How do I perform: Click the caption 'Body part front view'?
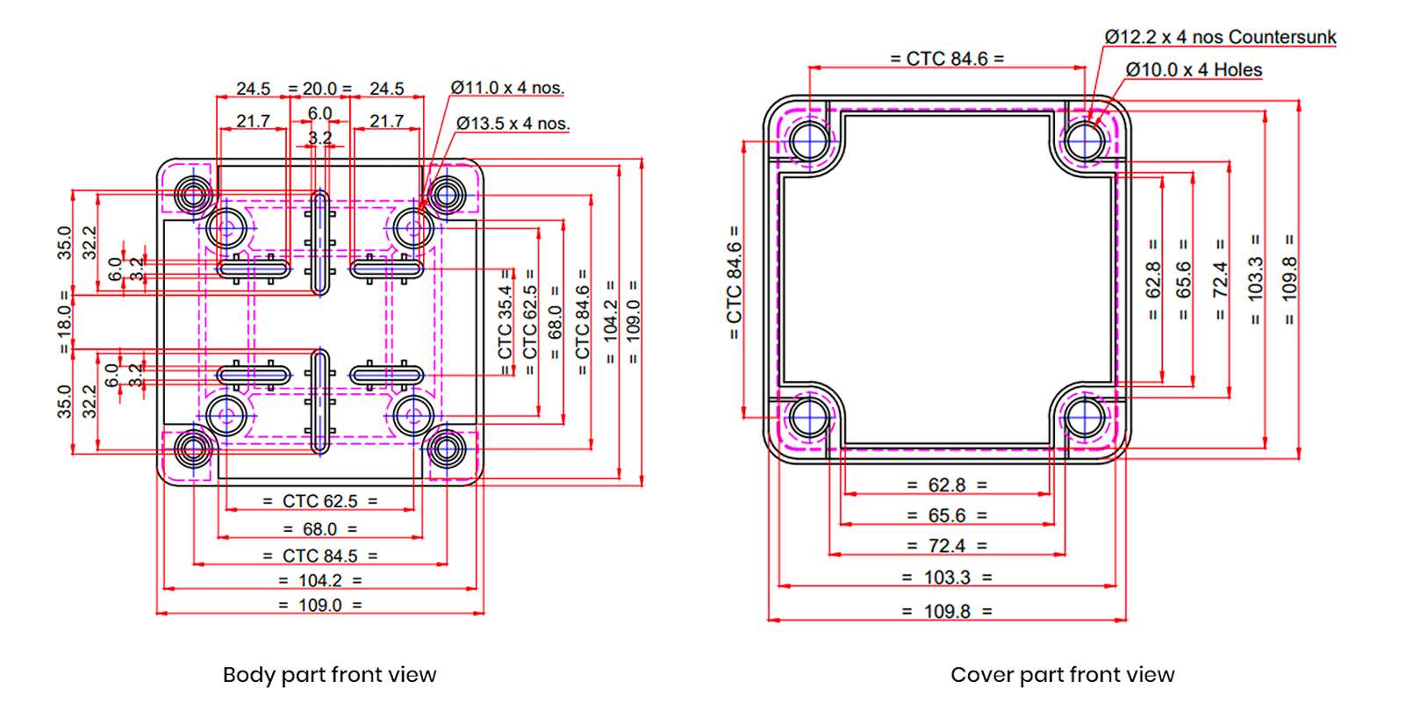329,675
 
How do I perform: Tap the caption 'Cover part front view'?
1062,675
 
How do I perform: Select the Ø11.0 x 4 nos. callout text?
507,88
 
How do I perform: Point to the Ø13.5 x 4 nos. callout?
513,124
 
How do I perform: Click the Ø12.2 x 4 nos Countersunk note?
1220,37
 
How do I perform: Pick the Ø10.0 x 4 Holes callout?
1194,70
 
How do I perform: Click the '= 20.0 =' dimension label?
319,89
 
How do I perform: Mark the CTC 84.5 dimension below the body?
320,556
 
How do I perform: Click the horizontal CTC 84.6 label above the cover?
947,59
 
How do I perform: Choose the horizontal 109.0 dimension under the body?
320,605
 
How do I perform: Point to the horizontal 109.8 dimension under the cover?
947,611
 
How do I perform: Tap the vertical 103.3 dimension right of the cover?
1255,279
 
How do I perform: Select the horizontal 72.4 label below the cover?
947,546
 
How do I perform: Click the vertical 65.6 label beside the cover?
1183,279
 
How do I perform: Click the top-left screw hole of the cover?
808,140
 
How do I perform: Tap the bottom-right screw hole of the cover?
1086,417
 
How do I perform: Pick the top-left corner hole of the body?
192,193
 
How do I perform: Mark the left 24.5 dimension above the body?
253,89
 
